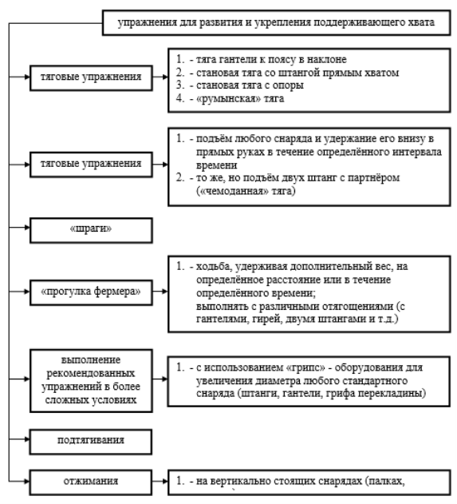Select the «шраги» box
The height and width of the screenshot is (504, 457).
tap(91, 230)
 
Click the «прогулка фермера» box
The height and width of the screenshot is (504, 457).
tap(91, 292)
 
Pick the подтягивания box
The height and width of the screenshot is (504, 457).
tap(91, 442)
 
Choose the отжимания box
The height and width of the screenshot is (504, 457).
tap(91, 482)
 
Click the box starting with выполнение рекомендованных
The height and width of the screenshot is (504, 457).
tap(91, 380)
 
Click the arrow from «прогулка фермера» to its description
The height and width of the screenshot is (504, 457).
tap(160, 292)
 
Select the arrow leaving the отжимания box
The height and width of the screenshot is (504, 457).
tap(160, 481)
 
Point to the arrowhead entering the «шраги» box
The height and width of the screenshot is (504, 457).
tap(27, 228)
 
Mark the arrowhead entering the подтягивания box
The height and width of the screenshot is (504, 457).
tap(27, 439)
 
